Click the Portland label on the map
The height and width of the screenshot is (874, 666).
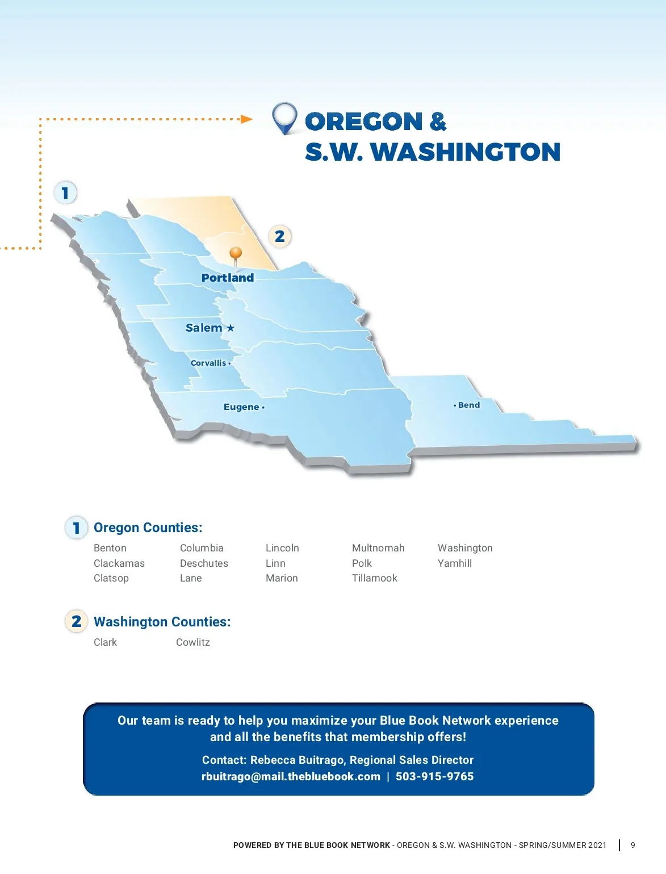pyautogui.click(x=227, y=278)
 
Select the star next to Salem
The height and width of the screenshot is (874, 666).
pyautogui.click(x=231, y=328)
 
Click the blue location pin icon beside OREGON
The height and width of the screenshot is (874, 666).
pyautogui.click(x=284, y=118)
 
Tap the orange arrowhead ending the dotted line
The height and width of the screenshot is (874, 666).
pyautogui.click(x=247, y=119)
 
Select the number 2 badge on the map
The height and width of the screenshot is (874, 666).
pyautogui.click(x=280, y=236)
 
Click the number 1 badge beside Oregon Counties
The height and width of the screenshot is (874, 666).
pyautogui.click(x=77, y=528)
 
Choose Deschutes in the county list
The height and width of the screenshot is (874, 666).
pyautogui.click(x=204, y=563)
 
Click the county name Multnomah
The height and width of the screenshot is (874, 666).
pyautogui.click(x=378, y=548)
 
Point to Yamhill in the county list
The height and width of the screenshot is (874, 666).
pyautogui.click(x=455, y=563)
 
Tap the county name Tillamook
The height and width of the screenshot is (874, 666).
pyautogui.click(x=375, y=578)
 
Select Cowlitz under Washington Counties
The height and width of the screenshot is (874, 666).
pyautogui.click(x=192, y=642)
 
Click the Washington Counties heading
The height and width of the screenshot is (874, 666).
pyautogui.click(x=162, y=621)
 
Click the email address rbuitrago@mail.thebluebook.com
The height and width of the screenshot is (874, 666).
pyautogui.click(x=291, y=776)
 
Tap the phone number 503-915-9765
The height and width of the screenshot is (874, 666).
pyautogui.click(x=435, y=776)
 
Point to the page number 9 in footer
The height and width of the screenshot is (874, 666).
pyautogui.click(x=633, y=845)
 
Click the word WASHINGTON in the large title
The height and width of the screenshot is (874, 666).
pyautogui.click(x=466, y=152)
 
